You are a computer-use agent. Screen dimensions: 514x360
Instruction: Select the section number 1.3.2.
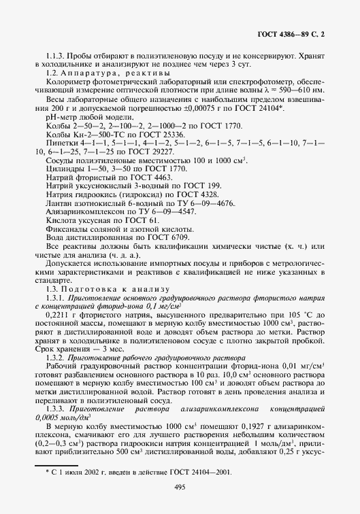tap(55, 358)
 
